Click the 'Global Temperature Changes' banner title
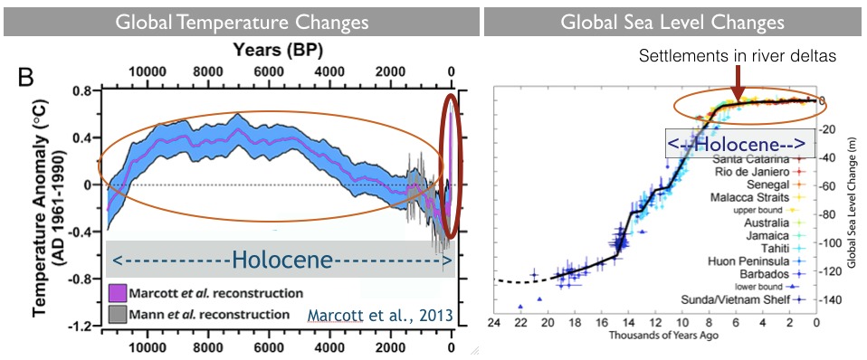pos(242,23)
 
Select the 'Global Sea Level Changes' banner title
pos(672,23)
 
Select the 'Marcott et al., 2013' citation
pos(380,316)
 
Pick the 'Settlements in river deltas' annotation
pos(736,56)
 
